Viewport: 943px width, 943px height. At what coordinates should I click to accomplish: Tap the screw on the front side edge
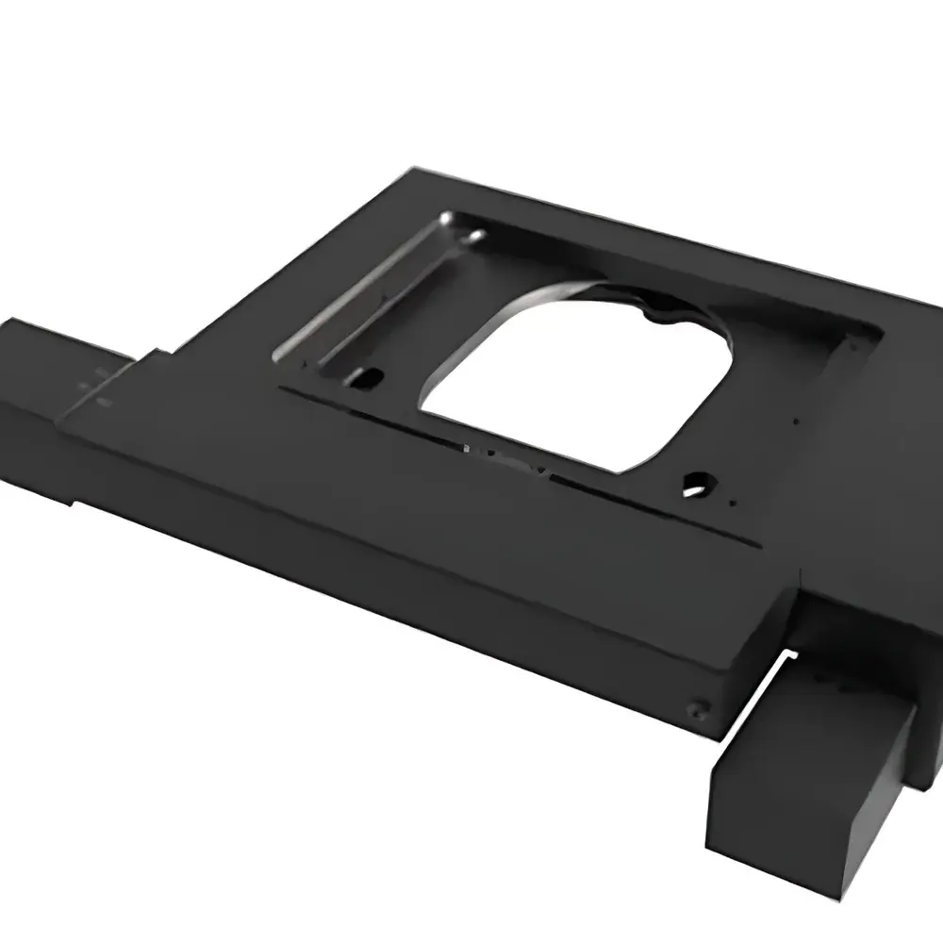(697, 704)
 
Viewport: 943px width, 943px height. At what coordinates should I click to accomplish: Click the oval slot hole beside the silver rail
(365, 380)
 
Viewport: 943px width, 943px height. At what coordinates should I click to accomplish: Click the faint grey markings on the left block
(94, 387)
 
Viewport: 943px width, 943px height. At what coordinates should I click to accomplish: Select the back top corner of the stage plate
(415, 170)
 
